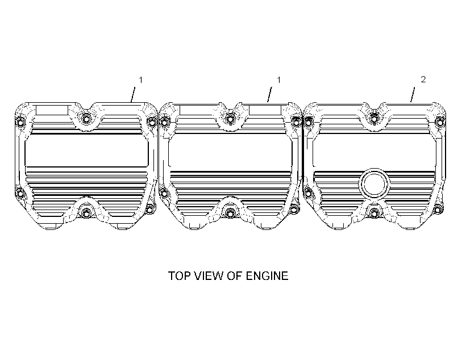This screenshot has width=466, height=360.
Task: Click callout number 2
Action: pyautogui.click(x=423, y=79)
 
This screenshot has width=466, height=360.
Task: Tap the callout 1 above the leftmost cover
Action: pyautogui.click(x=141, y=80)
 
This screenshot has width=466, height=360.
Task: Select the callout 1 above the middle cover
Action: pyautogui.click(x=279, y=80)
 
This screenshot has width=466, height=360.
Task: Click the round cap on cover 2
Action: pyautogui.click(x=374, y=184)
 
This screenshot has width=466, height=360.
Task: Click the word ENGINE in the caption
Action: pyautogui.click(x=267, y=276)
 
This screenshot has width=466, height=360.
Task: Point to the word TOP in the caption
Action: pyautogui.click(x=179, y=276)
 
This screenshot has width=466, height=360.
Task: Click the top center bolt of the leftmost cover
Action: pyautogui.click(x=86, y=119)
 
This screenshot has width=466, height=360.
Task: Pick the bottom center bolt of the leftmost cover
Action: pyautogui.click(x=86, y=213)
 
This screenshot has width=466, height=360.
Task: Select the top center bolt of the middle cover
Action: pyautogui.click(x=230, y=119)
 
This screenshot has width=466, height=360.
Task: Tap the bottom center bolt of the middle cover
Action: pyautogui.click(x=230, y=213)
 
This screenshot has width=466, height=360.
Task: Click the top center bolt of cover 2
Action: pyautogui.click(x=374, y=119)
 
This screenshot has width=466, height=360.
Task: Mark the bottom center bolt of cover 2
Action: pyautogui.click(x=374, y=213)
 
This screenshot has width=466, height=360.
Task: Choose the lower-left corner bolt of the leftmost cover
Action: pyautogui.click(x=20, y=194)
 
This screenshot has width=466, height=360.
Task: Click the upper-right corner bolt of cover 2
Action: pyautogui.click(x=440, y=122)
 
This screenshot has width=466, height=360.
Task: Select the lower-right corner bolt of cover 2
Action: pyautogui.click(x=438, y=210)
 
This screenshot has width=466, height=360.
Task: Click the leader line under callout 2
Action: pyautogui.click(x=413, y=94)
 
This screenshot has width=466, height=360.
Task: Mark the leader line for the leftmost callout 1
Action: pyautogui.click(x=133, y=94)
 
